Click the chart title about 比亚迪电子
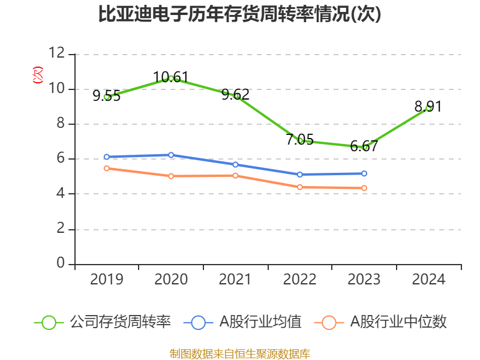240,14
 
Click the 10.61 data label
171,77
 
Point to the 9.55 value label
107,96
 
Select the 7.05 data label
299,140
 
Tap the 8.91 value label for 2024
428,107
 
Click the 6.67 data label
364,146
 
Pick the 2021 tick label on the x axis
235,279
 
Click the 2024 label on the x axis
428,279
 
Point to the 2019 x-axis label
107,279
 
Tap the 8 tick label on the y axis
61,124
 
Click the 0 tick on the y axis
61,263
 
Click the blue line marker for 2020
171,155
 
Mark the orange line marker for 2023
364,188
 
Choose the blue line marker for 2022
299,175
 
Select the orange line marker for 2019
107,169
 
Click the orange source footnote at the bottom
240,353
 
